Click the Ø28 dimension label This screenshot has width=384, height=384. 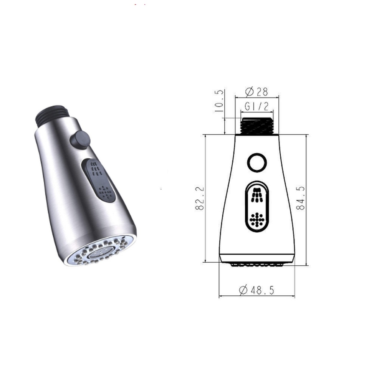[x=257, y=91]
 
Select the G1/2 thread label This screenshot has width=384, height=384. [x=257, y=106]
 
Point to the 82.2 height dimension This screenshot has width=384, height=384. [x=199, y=198]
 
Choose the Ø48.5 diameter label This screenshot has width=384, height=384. [x=257, y=290]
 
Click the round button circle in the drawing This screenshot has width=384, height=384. [x=257, y=162]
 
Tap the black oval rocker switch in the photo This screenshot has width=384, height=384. [x=99, y=180]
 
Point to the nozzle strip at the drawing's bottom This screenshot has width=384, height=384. [x=257, y=264]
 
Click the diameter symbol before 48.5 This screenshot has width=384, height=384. [x=243, y=290]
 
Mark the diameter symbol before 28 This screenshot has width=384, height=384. [x=249, y=91]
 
